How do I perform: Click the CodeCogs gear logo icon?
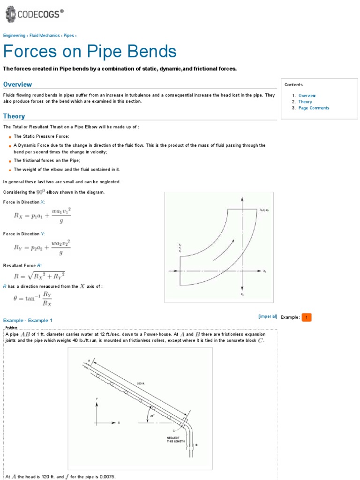tap(10, 14)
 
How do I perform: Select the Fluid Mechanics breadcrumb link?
tap(45, 36)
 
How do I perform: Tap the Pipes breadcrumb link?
tap(68, 36)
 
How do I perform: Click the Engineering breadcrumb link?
tap(14, 36)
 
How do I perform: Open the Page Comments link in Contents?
tap(314, 108)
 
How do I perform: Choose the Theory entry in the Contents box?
tap(305, 102)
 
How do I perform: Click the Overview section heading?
tap(17, 84)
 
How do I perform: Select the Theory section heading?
tap(14, 116)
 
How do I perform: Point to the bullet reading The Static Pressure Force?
tap(41, 136)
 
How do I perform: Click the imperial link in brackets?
tap(268, 316)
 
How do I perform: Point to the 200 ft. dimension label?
tap(141, 383)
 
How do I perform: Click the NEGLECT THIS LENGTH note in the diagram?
tap(174, 439)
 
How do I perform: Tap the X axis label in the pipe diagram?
tap(119, 422)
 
